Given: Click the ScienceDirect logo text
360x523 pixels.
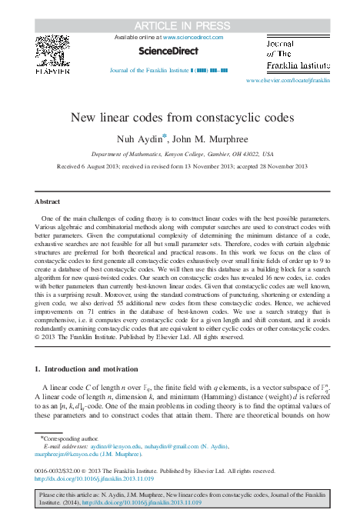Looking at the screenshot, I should coord(168,52).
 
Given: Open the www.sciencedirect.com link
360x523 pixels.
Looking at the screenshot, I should coord(192,37).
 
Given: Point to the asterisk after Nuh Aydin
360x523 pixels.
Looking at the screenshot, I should coord(163,136).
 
